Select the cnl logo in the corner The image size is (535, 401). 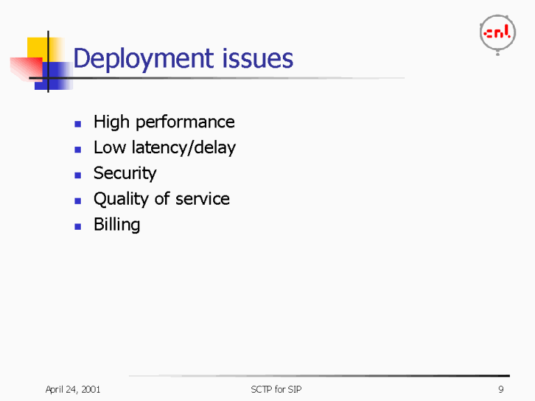pos(497,33)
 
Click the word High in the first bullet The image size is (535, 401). pos(111,123)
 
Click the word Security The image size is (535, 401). pos(125,173)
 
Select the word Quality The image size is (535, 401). pos(121,199)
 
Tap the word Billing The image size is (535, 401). pos(116,225)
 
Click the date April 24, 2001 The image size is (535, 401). pos(72,389)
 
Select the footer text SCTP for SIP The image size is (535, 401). pos(276,389)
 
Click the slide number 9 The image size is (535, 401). pos(501,389)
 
